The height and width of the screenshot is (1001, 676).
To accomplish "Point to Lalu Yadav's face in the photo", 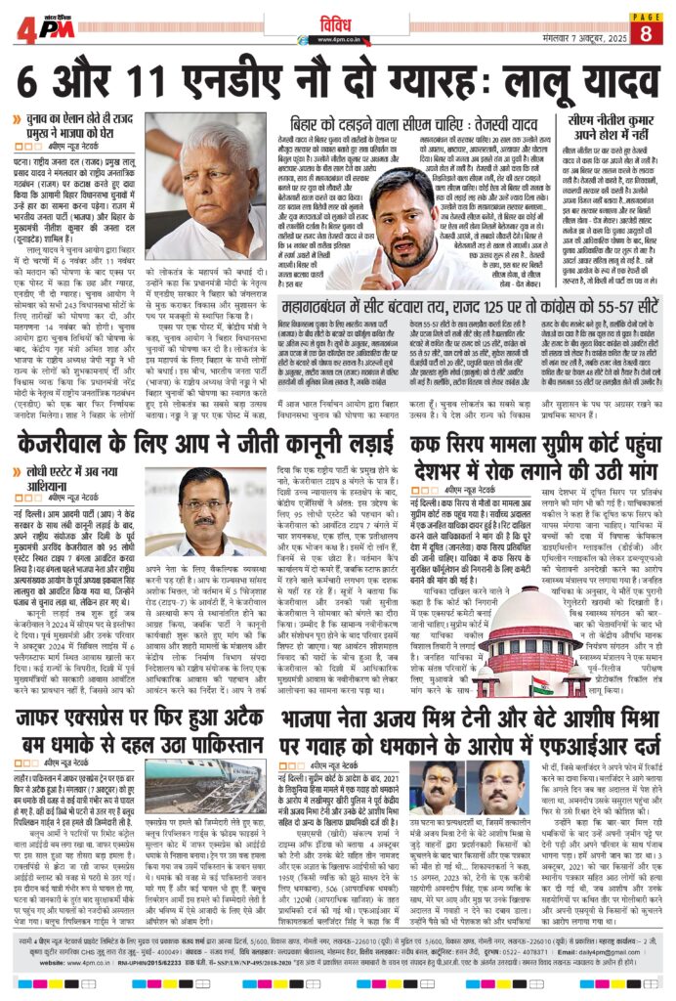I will point(211,176).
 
